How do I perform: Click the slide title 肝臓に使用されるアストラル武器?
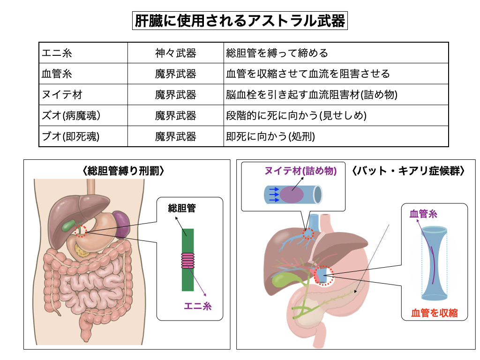point(240,21)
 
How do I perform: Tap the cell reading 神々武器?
point(175,53)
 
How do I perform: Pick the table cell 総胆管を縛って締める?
point(277,53)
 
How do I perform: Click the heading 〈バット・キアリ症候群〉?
point(408,171)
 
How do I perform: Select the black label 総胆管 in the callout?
point(182,208)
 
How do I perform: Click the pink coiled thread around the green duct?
point(187,260)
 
